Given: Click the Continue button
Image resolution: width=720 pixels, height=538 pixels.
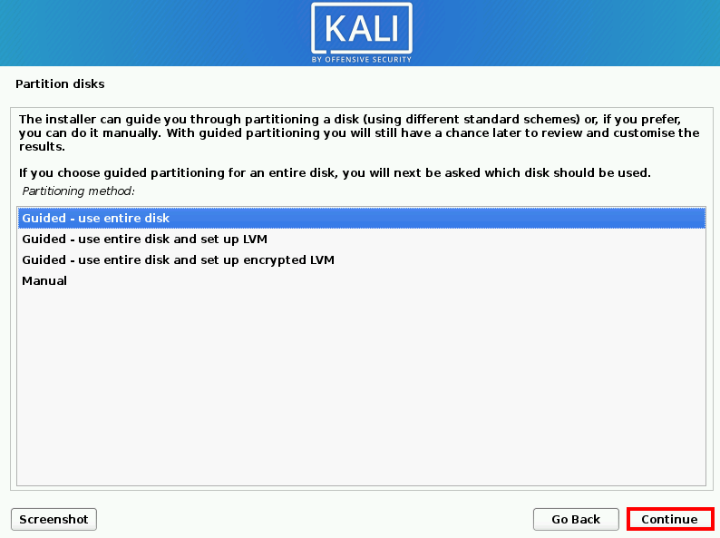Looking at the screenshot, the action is [670, 519].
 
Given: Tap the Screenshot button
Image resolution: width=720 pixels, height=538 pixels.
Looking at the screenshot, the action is [54, 519].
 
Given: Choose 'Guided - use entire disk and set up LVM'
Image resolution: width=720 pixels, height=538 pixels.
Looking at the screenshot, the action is [145, 240].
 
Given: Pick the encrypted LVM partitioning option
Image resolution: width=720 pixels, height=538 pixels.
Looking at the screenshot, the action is [178, 260].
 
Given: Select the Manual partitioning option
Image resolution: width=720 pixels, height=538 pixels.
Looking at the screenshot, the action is [44, 280].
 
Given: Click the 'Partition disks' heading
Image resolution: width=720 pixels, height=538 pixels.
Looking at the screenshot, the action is [60, 84].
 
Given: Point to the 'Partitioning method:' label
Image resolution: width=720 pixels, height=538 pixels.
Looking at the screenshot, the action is [79, 191].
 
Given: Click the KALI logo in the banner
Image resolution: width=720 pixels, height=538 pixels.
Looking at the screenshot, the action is [362, 28].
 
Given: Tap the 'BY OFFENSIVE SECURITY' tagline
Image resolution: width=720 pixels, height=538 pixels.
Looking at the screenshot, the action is [362, 59].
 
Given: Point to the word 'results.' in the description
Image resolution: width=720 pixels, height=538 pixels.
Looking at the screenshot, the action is [43, 147].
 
